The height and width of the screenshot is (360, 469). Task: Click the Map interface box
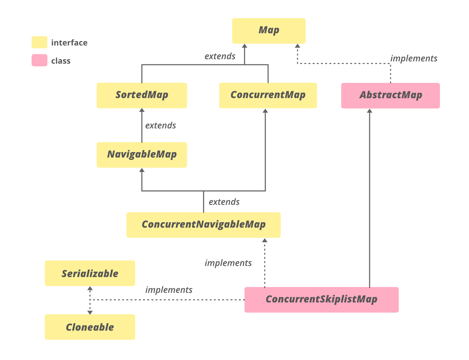(268, 31)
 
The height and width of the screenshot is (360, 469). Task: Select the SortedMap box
(142, 95)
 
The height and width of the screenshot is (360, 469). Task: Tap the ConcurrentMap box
(268, 95)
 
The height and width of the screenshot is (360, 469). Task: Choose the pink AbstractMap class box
(390, 96)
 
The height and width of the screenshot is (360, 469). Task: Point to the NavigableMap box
(142, 155)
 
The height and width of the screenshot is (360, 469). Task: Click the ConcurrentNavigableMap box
(203, 225)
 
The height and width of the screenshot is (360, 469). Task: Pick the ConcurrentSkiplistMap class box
(321, 300)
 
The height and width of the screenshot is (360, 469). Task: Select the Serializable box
(90, 273)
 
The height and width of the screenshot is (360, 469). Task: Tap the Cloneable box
(90, 327)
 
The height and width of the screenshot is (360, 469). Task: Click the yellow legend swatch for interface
(39, 42)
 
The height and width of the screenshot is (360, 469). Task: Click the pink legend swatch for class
(39, 61)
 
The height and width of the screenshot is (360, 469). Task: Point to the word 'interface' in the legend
(69, 43)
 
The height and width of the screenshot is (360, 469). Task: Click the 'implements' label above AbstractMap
(414, 59)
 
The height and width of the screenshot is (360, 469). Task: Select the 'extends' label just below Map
(220, 56)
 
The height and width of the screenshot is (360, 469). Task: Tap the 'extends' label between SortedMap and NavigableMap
(160, 125)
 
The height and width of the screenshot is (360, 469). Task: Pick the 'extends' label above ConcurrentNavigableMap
(224, 202)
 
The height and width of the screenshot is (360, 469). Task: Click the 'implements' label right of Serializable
(169, 290)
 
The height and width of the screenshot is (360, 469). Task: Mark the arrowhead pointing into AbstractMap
(370, 111)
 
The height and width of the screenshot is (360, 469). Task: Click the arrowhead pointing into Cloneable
(90, 312)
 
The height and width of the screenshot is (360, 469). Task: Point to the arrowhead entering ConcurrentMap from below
(265, 111)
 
